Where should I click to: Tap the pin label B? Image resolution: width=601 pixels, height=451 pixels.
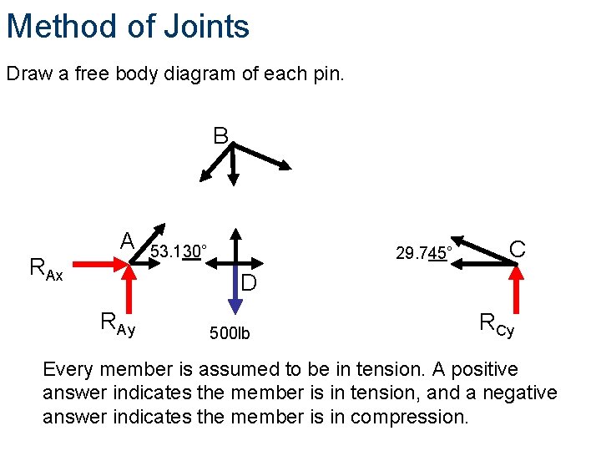[220, 135]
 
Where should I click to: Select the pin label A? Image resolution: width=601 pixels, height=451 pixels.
[127, 241]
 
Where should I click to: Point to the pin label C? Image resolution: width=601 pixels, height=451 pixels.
[518, 249]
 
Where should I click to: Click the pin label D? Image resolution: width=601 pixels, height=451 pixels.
[248, 284]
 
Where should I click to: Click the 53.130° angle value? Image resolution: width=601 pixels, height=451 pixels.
[178, 251]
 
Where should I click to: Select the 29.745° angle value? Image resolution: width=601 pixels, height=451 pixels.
[424, 252]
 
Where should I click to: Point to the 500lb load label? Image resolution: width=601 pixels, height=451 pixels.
[230, 334]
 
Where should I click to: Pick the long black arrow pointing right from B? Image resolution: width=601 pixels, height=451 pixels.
[262, 156]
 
